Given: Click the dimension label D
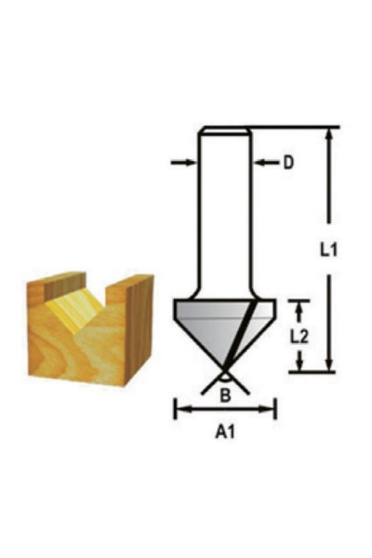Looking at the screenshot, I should (288, 163).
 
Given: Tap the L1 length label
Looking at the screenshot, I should (326, 249).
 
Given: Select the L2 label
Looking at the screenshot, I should (299, 336).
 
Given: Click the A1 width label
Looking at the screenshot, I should (224, 432).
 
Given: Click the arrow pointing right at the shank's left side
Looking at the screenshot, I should (186, 163).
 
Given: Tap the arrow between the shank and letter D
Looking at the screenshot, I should (266, 163).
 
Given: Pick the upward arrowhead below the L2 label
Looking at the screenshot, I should (299, 365).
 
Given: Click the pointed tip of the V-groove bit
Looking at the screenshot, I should (225, 371).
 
